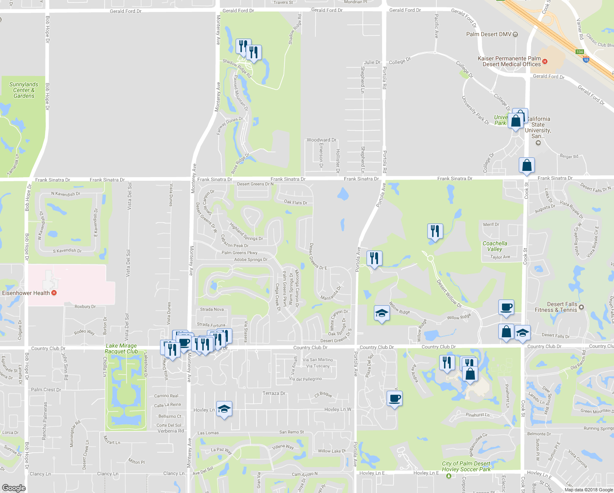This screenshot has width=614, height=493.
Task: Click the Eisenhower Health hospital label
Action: click(26, 293)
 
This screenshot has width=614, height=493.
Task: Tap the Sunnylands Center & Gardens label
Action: click(24, 90)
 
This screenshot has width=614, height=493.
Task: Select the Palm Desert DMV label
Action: click(489, 34)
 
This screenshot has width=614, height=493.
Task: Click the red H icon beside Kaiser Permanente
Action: click(545, 62)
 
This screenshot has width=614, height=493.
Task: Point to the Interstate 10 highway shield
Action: click(586, 60)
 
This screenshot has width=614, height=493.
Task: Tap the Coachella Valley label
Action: click(495, 246)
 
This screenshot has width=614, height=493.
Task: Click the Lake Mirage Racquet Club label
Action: click(121, 348)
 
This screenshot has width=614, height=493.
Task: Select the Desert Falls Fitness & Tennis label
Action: click(556, 307)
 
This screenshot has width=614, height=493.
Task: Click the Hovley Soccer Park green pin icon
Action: click(449, 476)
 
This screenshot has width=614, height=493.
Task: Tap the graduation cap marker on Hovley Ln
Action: click(224, 409)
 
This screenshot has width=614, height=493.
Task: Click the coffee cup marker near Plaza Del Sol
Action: click(394, 398)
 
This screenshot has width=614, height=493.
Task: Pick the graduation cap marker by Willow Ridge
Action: click(382, 313)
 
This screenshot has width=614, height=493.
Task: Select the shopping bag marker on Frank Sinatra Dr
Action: click(527, 165)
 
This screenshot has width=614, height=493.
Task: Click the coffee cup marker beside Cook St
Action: click(506, 307)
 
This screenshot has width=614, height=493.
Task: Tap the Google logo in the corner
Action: click(14, 488)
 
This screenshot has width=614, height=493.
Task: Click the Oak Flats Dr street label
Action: click(296, 203)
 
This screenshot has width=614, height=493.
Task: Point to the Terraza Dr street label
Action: click(274, 393)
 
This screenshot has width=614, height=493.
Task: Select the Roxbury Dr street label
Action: click(85, 306)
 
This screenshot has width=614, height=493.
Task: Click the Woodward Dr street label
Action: click(321, 140)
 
